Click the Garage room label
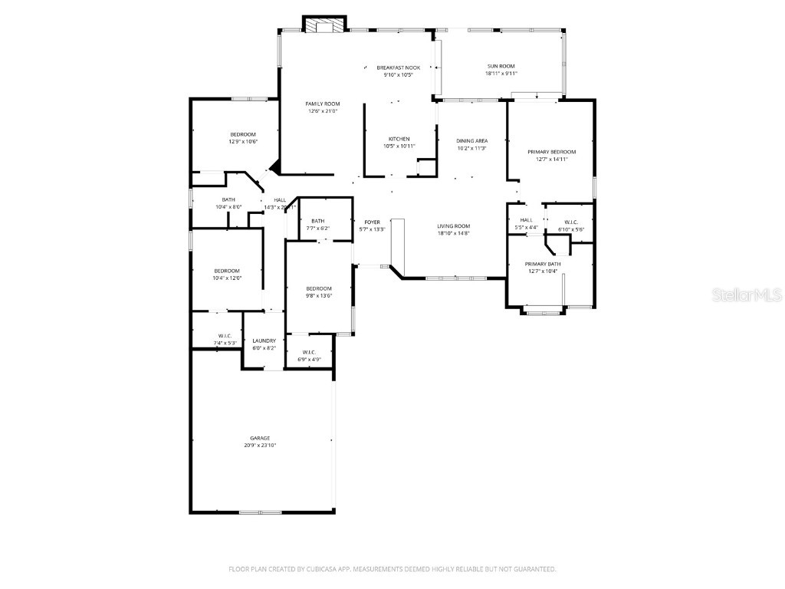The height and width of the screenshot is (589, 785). [259, 438]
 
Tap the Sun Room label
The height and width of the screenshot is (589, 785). [501, 67]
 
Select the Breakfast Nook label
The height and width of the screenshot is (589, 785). [398, 67]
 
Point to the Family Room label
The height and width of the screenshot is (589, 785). [323, 104]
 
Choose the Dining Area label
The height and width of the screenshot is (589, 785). [472, 140]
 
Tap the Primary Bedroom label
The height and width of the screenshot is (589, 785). [551, 152]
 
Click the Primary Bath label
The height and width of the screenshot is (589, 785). [543, 264]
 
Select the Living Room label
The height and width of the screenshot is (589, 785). [453, 225]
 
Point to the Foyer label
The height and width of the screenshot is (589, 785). [372, 222]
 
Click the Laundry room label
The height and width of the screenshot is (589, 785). [264, 341]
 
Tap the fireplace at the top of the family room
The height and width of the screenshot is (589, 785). [325, 25]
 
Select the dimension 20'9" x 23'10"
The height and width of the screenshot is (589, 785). [259, 445]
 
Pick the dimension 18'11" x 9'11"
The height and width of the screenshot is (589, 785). [501, 74]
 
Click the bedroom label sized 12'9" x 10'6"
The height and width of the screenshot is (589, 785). [242, 134]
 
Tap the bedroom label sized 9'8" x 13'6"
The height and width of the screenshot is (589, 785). [318, 288]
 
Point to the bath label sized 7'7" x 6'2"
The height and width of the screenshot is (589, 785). [318, 221]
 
